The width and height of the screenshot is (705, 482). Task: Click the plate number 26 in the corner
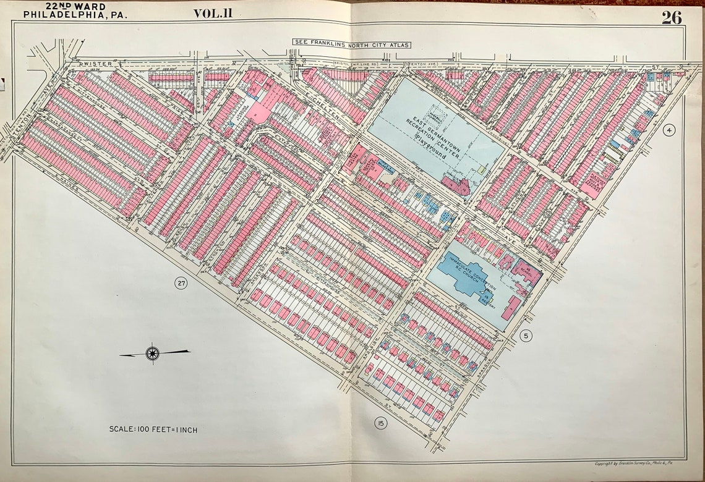click(x=671, y=17)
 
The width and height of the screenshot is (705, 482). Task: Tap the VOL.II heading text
click(x=213, y=13)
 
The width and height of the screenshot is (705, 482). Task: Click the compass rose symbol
click(x=152, y=353)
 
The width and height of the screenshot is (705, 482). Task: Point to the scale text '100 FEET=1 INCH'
click(x=153, y=429)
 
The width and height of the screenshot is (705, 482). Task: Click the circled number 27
click(x=180, y=284)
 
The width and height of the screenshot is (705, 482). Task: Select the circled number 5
click(x=526, y=336)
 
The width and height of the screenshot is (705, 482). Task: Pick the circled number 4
click(x=669, y=130)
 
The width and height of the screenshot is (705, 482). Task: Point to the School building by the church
click(x=526, y=270)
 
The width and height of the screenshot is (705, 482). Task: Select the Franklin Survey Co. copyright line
click(x=636, y=463)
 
